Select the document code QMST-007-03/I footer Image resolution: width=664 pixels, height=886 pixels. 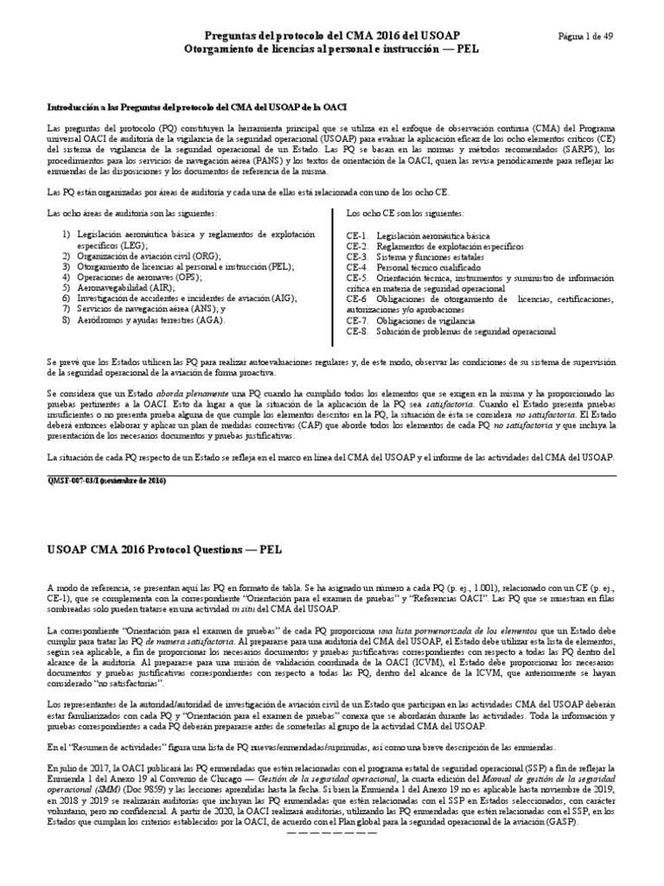tap(105, 480)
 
